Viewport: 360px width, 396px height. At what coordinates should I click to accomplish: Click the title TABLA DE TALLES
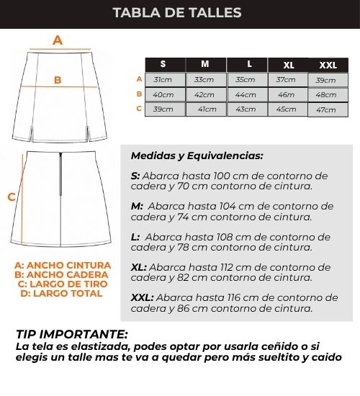click(177, 13)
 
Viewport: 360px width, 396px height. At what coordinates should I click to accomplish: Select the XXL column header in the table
click(328, 65)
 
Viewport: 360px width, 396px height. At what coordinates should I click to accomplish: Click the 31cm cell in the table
click(165, 80)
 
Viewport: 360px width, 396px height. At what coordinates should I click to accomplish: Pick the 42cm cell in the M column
click(206, 95)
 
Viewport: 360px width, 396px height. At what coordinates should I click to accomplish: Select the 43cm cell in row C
click(247, 109)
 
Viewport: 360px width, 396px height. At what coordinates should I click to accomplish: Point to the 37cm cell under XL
click(288, 80)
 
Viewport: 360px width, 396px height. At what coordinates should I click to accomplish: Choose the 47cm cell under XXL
click(328, 110)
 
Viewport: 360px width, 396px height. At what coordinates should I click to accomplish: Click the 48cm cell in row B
click(328, 95)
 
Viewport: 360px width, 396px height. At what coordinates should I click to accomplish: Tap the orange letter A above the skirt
click(58, 40)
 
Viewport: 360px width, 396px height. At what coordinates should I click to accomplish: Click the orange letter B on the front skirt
click(58, 80)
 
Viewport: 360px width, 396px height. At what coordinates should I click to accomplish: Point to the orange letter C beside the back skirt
click(12, 197)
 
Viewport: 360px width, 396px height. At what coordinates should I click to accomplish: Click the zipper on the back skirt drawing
click(60, 174)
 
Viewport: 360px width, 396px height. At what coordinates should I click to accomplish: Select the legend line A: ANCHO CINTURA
click(63, 266)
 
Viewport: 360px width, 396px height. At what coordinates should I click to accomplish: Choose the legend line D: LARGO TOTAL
click(61, 294)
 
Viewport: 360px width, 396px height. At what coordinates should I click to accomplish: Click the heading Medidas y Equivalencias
click(197, 156)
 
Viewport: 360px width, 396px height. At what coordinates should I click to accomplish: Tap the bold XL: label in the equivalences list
click(139, 267)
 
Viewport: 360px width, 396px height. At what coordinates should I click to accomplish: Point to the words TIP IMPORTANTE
click(72, 334)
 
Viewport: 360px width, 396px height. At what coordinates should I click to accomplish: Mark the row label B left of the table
click(139, 94)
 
